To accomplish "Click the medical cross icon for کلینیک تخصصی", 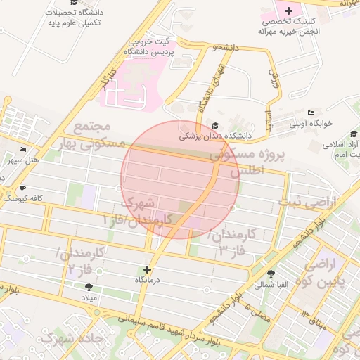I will tap(288, 11).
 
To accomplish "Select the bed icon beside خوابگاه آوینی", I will tap(311, 112).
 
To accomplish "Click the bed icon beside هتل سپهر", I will tap(24, 150).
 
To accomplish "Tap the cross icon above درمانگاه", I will tap(147, 269).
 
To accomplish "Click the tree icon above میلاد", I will tap(89, 288).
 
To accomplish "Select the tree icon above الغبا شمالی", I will tap(271, 274).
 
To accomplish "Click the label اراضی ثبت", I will tap(307, 202).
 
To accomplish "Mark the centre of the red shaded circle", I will tap(180, 179).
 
